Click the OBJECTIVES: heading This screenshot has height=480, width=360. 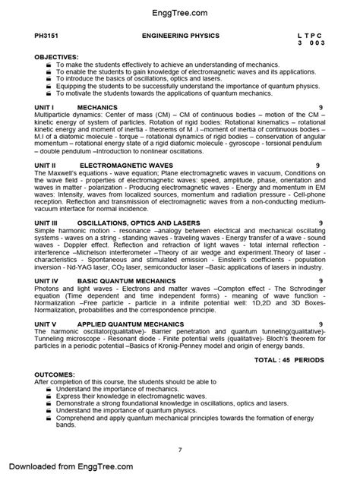pos(57,57)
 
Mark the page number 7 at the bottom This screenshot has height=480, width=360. pos(179,450)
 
